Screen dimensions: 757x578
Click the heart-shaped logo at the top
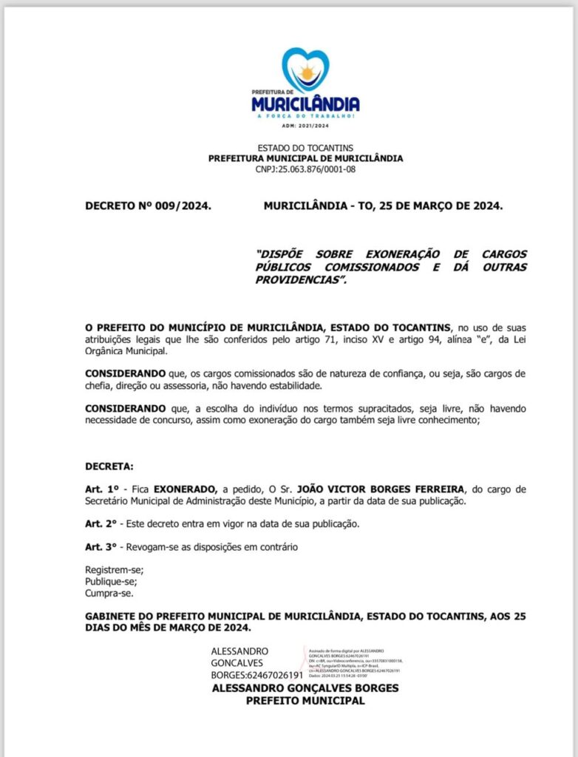coord(305,69)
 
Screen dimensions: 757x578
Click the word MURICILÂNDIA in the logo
coord(305,104)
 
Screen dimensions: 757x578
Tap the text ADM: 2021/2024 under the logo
coord(305,126)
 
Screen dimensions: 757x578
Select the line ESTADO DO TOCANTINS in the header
coord(305,149)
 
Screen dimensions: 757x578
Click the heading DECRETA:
coord(109,467)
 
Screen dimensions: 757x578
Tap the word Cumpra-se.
coord(110,593)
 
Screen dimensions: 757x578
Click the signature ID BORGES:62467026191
coord(257,676)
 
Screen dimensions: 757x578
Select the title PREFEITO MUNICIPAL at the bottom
coord(305,701)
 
